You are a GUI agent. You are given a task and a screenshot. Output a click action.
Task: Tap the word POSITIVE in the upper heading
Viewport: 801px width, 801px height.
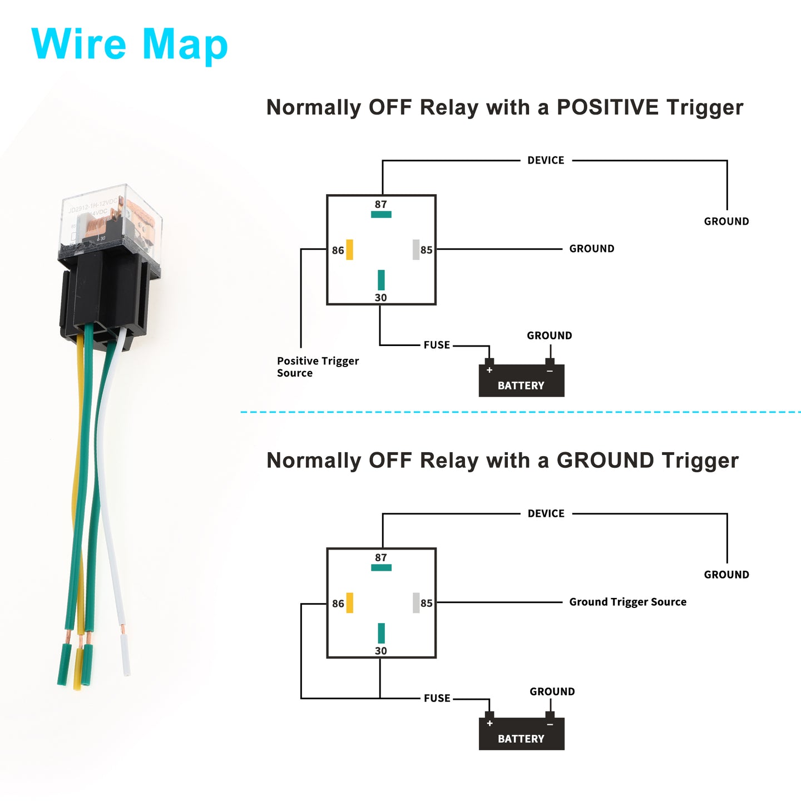[608, 107]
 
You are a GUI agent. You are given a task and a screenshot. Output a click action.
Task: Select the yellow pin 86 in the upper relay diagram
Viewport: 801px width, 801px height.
[349, 249]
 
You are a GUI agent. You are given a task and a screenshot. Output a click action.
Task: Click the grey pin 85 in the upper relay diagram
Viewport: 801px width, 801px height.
[416, 249]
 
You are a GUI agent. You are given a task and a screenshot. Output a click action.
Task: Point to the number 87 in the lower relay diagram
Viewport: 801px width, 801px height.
[381, 557]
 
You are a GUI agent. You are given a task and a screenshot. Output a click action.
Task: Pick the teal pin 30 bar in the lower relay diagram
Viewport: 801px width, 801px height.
[381, 633]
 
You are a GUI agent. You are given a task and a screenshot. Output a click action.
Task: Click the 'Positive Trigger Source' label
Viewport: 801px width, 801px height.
[318, 367]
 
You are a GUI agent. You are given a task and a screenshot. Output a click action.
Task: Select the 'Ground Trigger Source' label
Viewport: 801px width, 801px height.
[627, 602]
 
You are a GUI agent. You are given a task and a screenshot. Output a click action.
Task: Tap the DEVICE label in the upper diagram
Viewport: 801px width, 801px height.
[546, 160]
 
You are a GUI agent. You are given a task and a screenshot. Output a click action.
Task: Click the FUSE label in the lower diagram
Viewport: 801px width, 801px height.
[437, 698]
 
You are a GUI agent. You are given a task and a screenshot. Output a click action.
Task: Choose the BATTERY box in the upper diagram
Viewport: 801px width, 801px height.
[522, 380]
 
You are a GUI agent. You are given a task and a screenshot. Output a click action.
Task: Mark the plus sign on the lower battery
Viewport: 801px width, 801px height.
[489, 723]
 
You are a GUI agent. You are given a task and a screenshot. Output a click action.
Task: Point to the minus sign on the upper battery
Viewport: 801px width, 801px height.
[550, 371]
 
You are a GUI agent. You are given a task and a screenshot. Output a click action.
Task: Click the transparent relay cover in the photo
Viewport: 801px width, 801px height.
[110, 220]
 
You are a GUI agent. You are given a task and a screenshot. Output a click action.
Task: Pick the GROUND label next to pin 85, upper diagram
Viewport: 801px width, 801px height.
[591, 249]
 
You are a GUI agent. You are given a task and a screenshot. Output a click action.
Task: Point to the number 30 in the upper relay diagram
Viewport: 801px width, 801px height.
[381, 298]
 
